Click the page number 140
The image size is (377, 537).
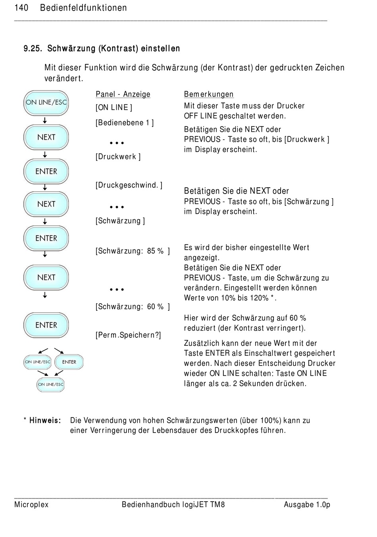[21, 8]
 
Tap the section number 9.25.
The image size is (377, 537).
[33, 48]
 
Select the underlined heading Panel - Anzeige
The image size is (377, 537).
[123, 94]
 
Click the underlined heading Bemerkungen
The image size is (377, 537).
[209, 94]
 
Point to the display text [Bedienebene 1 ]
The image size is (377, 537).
[125, 123]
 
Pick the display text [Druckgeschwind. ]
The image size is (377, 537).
[129, 185]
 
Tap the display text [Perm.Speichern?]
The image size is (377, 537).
[128, 335]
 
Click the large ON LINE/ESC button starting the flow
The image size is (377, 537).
[46, 103]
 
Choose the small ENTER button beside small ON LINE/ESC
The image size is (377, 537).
[69, 362]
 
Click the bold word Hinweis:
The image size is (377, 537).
[45, 420]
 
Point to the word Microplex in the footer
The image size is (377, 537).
[31, 504]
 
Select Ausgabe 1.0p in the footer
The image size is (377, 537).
[307, 504]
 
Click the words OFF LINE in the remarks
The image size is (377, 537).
[200, 116]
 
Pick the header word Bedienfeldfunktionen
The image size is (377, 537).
[83, 8]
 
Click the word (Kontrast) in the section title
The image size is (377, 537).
[118, 48]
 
